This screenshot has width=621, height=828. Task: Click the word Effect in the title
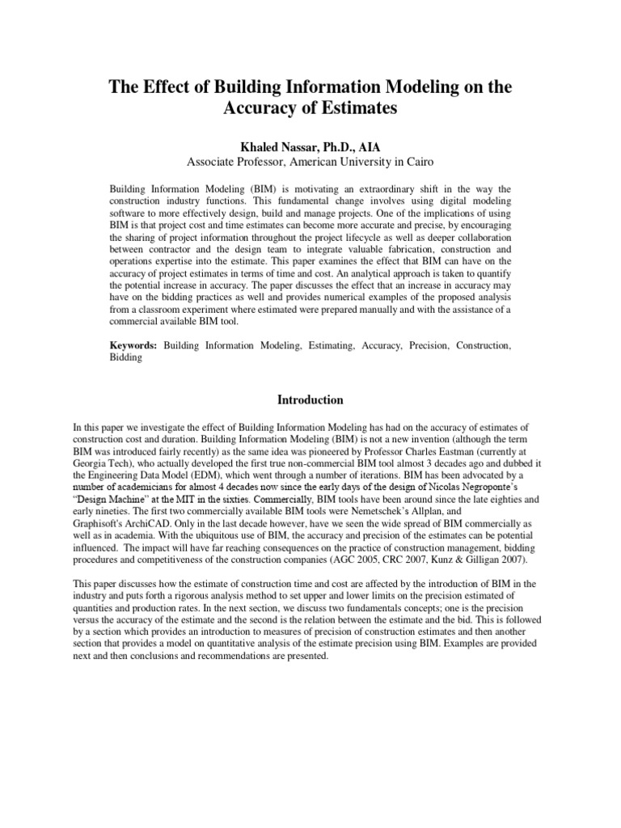click(x=171, y=87)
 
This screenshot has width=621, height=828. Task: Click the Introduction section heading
click(x=310, y=399)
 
